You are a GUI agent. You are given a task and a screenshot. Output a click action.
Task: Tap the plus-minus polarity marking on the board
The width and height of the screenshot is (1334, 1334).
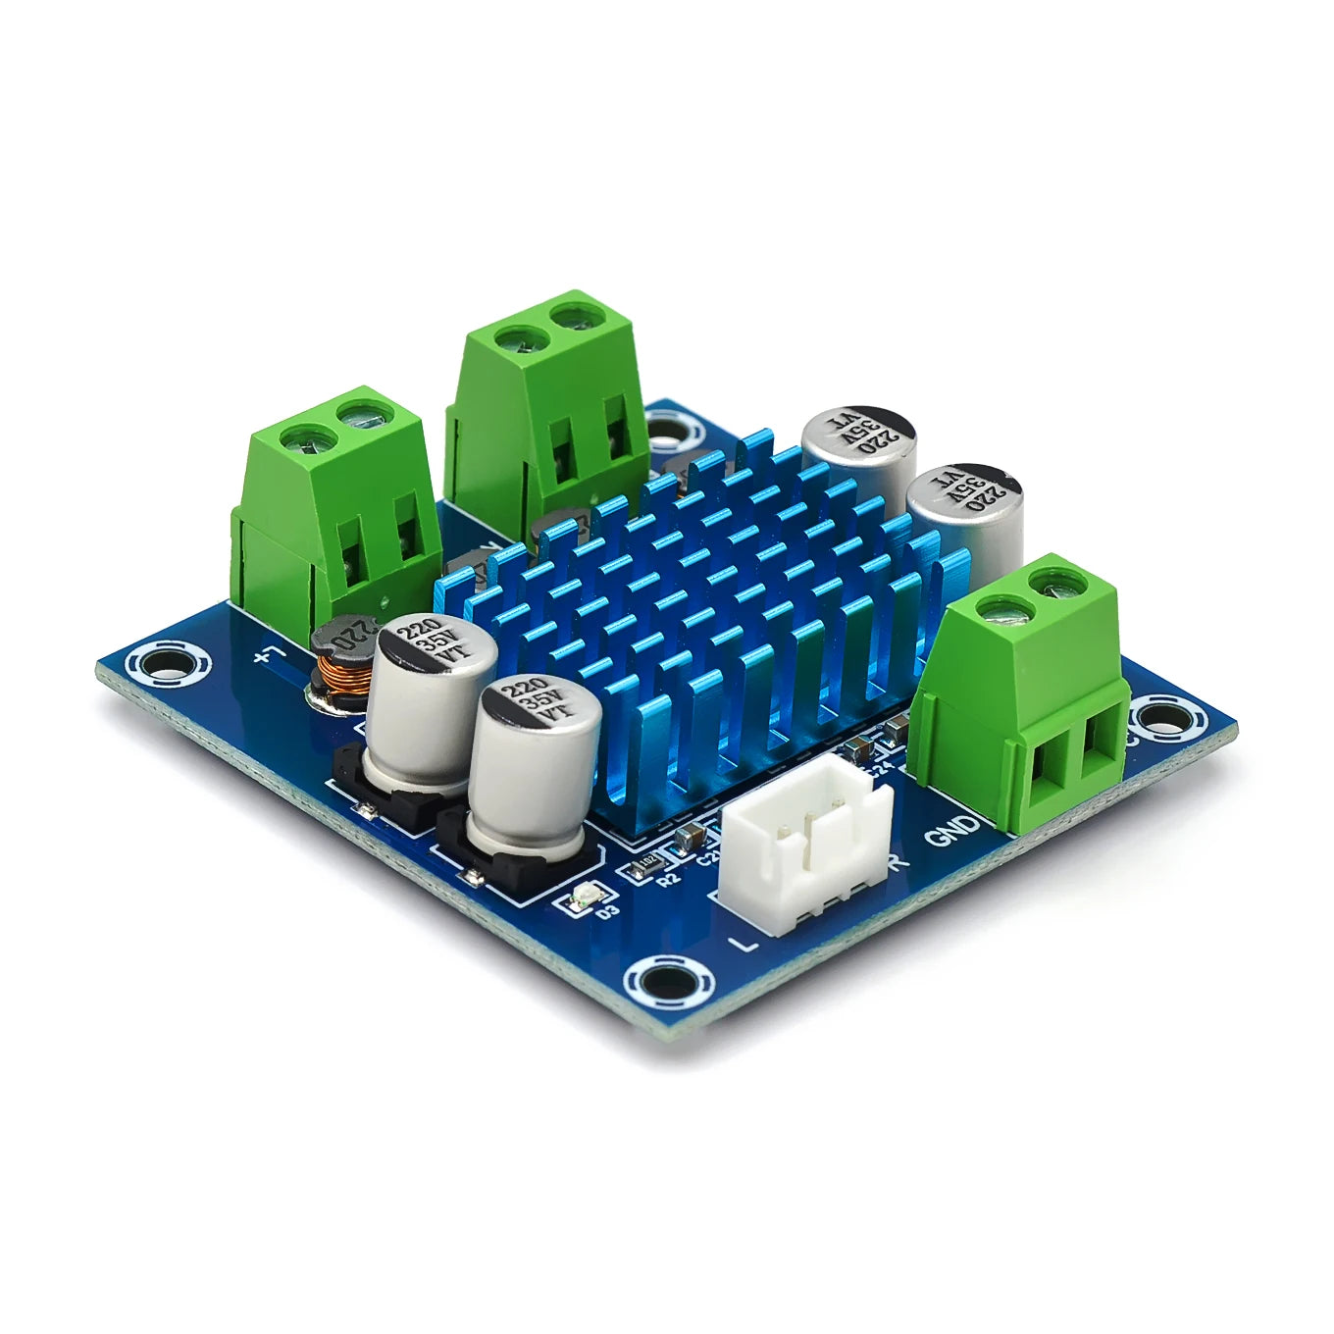pyautogui.click(x=268, y=654)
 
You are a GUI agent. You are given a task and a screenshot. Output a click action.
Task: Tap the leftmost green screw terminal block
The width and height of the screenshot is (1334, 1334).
pyautogui.click(x=333, y=510)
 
